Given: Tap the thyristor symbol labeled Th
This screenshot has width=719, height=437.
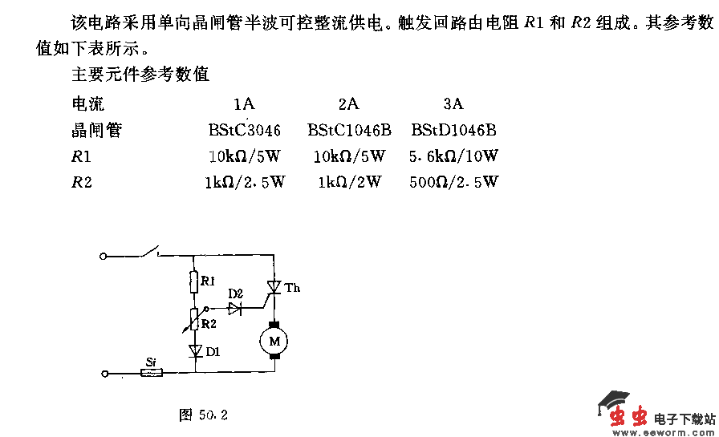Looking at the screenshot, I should coord(274,287).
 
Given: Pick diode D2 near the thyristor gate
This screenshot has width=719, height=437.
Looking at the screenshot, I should coord(234,309).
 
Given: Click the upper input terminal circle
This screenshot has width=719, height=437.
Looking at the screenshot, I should coord(104,257).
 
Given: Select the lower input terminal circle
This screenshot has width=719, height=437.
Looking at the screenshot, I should coord(104,373).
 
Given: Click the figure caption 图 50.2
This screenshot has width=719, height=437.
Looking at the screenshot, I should coord(204,415).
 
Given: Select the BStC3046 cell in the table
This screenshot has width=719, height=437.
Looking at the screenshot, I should coord(244,130).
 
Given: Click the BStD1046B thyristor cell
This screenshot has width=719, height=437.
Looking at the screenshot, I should coord(453,130).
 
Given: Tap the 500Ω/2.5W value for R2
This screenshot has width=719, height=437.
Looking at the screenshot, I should coord(453,182).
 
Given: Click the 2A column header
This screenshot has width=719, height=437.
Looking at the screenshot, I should coord(348,104).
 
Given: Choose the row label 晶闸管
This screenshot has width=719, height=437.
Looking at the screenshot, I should coord(97,130).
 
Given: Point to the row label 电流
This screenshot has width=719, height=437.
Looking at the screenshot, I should coord(88,104).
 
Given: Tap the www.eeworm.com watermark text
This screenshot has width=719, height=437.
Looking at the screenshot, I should coord(663,431).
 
